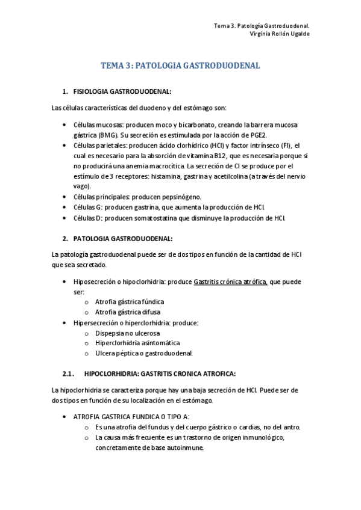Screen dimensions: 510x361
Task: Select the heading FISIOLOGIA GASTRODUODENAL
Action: (x=122, y=91)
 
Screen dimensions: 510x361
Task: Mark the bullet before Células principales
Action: (x=65, y=197)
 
